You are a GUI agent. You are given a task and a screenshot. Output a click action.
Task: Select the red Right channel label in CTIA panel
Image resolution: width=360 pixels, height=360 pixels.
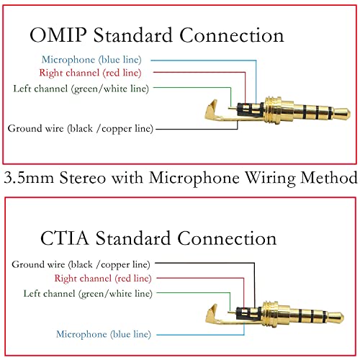103,278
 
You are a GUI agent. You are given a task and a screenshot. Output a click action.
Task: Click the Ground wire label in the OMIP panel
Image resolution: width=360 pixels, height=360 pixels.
80,129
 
